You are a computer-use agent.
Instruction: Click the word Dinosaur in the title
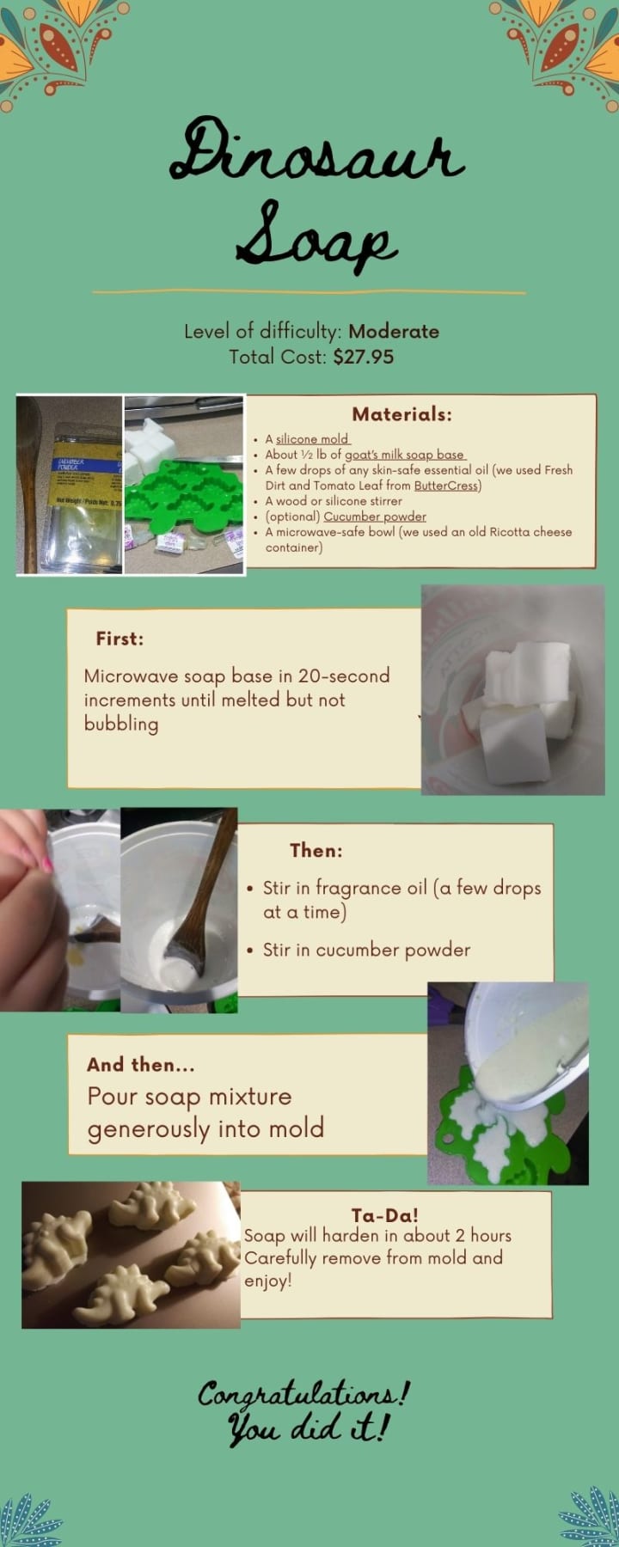317,151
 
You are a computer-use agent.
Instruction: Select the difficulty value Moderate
394,332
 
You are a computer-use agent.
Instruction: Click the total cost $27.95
364,357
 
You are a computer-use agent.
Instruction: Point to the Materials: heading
401,414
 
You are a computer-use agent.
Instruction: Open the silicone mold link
312,439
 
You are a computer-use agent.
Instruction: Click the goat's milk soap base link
405,455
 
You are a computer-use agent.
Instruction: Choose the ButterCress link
445,486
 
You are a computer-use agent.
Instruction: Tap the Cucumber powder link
375,517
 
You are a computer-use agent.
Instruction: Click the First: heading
120,639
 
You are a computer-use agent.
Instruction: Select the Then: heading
316,851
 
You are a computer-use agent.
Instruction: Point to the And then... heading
141,1065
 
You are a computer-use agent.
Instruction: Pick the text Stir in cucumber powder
366,950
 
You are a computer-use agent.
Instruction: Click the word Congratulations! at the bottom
304,1394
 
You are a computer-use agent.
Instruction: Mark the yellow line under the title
309,293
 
